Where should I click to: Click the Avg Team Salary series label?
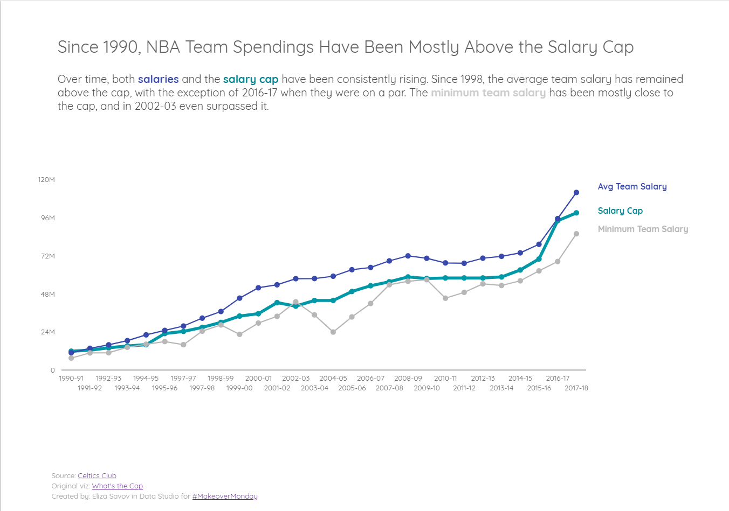tap(632, 186)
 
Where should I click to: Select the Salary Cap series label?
tap(620, 211)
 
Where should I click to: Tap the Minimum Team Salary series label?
tap(643, 229)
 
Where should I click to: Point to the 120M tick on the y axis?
tap(46, 179)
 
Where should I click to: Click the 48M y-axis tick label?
tap(47, 294)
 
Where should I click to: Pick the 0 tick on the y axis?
tap(52, 370)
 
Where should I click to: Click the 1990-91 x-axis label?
tap(71, 379)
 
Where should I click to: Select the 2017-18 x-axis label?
tap(576, 388)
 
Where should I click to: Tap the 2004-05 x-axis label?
tap(333, 379)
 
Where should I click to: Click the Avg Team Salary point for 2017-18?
tap(576, 192)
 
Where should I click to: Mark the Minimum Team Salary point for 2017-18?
tap(576, 234)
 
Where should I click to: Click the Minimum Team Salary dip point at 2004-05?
tap(333, 332)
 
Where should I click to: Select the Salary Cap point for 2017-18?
tap(576, 213)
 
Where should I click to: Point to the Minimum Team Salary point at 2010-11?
tap(445, 298)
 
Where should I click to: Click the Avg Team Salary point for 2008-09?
tap(408, 256)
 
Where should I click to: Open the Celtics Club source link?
tap(97, 475)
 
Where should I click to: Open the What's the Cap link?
tap(117, 486)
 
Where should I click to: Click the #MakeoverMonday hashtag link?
tap(225, 496)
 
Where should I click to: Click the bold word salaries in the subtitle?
tap(158, 79)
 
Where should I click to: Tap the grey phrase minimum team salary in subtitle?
tap(488, 93)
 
